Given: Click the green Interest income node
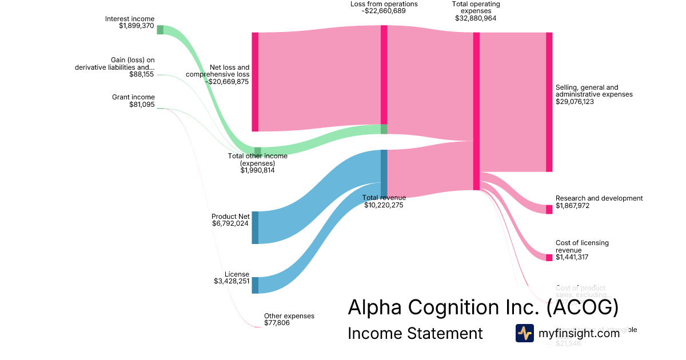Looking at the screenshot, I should coord(160,30).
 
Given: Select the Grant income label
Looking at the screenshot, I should coord(133,97).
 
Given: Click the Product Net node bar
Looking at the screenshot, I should coord(255,227).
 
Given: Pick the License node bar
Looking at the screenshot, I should coord(255,285).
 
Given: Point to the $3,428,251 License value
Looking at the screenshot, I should coord(232,281).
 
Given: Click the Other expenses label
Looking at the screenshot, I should coord(289,316).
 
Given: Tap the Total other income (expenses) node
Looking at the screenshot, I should coord(258,151).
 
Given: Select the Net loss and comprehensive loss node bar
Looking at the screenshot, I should coord(255,82).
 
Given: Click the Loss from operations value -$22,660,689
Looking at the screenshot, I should coord(384,11).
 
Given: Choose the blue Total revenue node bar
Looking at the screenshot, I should coord(384,173).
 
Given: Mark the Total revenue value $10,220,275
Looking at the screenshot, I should coord(384,205).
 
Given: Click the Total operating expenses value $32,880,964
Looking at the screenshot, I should coord(476,18).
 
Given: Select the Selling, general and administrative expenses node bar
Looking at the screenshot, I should coord(549,102).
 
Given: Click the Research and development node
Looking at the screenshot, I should coord(549,209).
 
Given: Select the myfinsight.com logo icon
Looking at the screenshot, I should coord(524,333).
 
